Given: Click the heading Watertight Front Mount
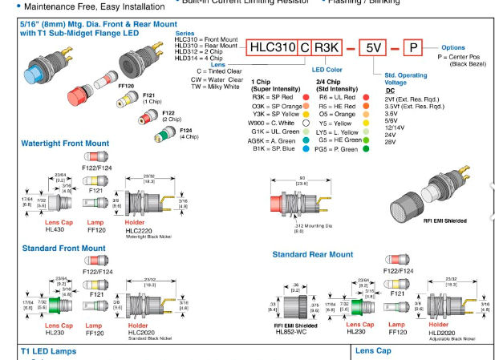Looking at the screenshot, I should pyautogui.click(x=65, y=144).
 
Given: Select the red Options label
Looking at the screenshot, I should pyautogui.click(x=452, y=48).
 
